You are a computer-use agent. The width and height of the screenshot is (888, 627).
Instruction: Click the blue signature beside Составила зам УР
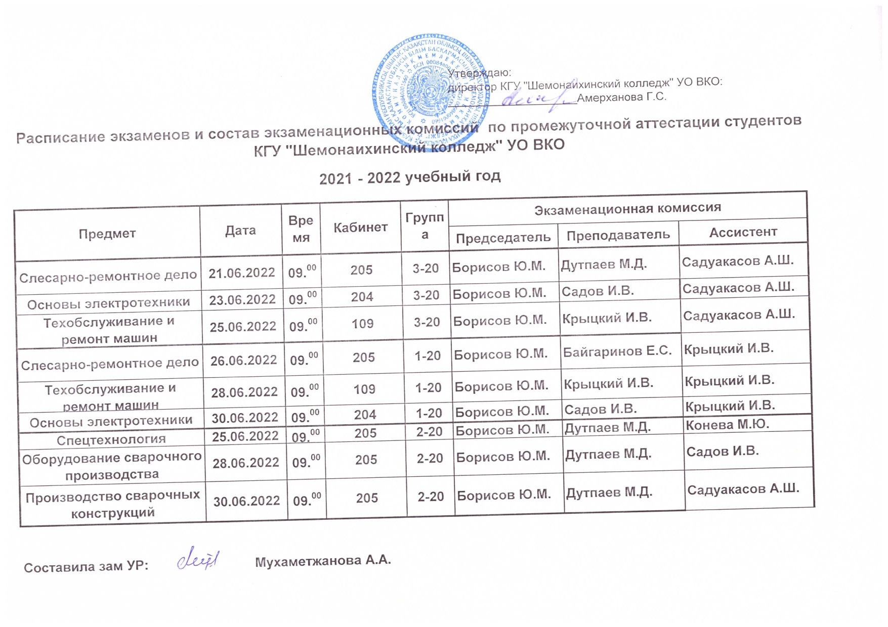(x=199, y=559)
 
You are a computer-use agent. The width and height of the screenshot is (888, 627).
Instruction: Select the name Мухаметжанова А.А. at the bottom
(x=323, y=561)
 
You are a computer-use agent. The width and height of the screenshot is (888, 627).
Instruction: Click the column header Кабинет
(x=360, y=227)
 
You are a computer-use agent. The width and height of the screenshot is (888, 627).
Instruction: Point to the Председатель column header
(x=503, y=237)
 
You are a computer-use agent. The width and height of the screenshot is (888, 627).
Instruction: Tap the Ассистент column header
(x=743, y=232)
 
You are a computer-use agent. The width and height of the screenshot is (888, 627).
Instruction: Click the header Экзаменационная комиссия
(x=627, y=208)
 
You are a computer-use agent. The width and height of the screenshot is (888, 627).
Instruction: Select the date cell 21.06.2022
(x=242, y=273)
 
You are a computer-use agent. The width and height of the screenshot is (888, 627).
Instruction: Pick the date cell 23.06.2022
(x=242, y=300)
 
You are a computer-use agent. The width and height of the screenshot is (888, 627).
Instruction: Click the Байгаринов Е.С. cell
(x=617, y=351)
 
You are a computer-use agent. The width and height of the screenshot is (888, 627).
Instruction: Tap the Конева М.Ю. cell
(x=727, y=424)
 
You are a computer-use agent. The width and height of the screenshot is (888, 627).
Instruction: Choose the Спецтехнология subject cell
(x=111, y=439)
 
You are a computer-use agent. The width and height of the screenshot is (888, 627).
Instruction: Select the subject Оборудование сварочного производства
(x=112, y=466)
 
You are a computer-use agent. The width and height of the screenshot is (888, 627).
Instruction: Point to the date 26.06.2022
(x=244, y=360)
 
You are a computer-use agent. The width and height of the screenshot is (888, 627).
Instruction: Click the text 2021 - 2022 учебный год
(x=410, y=177)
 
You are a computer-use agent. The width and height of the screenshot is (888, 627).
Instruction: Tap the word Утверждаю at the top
(x=480, y=73)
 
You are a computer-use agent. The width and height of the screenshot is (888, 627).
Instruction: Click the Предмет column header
(x=107, y=234)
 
